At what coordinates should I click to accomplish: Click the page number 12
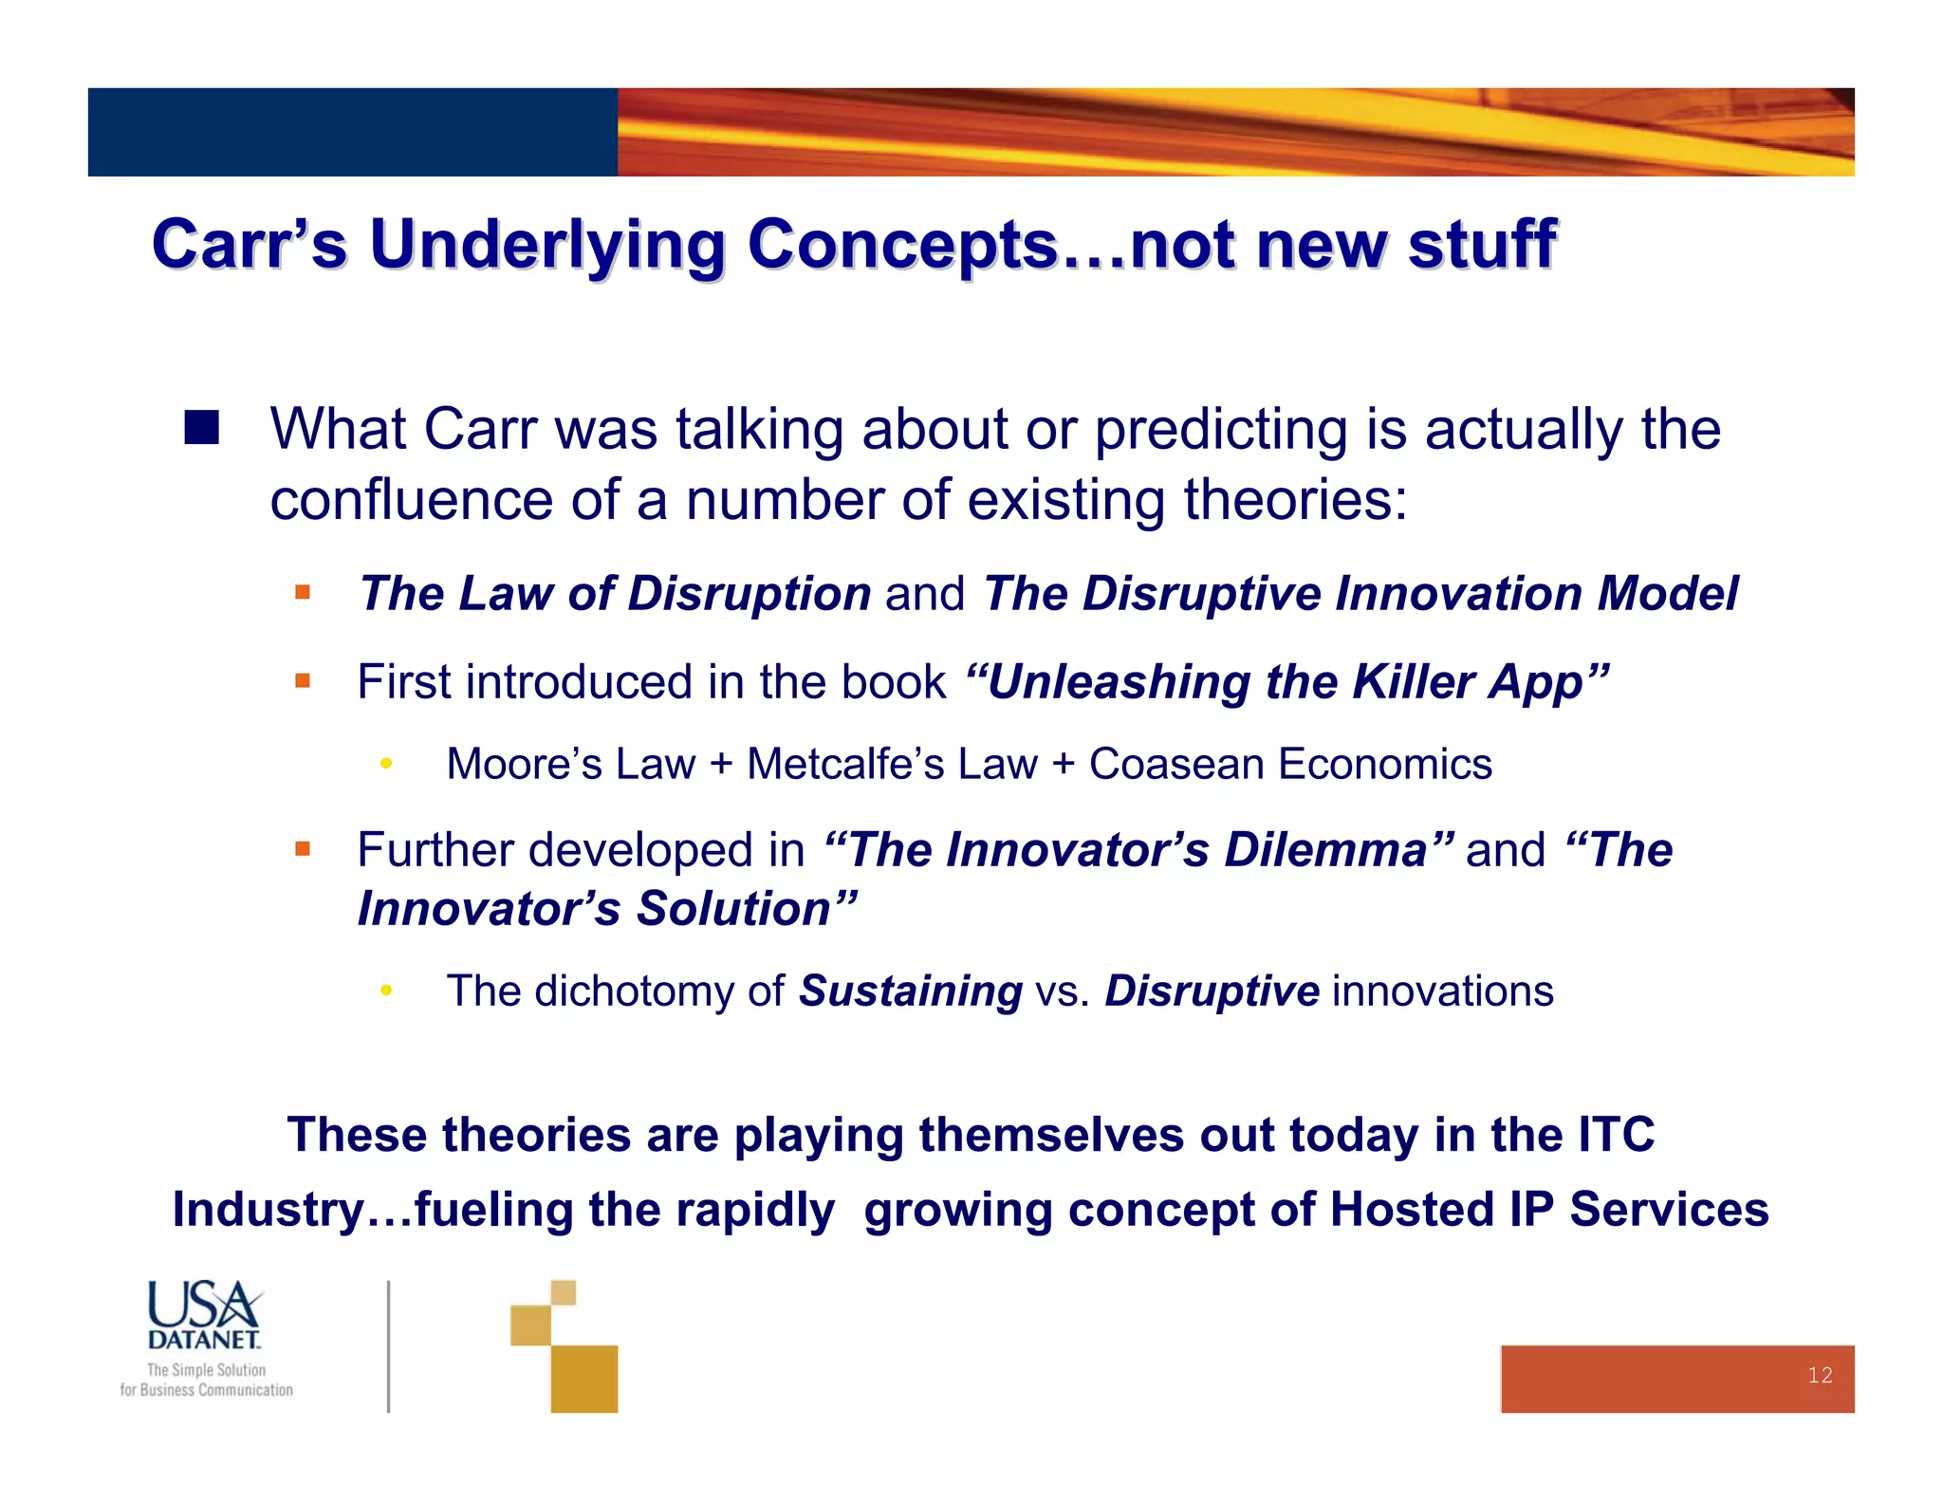pyautogui.click(x=1819, y=1375)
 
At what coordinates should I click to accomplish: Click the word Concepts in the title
pyautogui.click(x=901, y=245)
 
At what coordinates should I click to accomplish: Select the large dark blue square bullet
pyautogui.click(x=201, y=428)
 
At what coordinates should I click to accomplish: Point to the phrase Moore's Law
pyautogui.click(x=570, y=765)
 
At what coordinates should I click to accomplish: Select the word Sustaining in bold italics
pyautogui.click(x=910, y=991)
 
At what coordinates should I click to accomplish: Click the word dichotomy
pyautogui.click(x=635, y=991)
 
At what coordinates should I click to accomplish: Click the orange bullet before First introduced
pyautogui.click(x=303, y=681)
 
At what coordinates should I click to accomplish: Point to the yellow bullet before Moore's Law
pyautogui.click(x=386, y=765)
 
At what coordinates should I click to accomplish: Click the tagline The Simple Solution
pyautogui.click(x=206, y=1370)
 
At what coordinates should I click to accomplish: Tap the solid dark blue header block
pyautogui.click(x=352, y=132)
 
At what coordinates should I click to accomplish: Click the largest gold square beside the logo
pyautogui.click(x=583, y=1379)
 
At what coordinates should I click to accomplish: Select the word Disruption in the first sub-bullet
pyautogui.click(x=749, y=594)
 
